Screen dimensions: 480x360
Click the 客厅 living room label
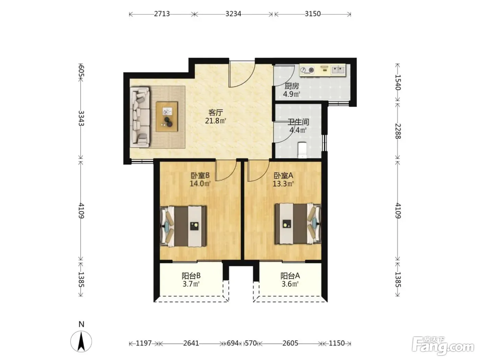point(216,113)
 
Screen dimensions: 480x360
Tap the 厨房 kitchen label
point(292,86)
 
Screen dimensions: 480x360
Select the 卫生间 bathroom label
point(298,122)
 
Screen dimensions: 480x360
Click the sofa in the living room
point(140,117)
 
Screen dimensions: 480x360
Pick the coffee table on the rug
point(167,117)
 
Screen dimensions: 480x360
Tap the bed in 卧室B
point(183,226)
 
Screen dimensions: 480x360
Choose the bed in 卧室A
point(298,224)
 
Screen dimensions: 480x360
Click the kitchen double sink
point(338,70)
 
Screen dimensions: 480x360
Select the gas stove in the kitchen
point(307,70)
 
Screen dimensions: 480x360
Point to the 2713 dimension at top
point(162,14)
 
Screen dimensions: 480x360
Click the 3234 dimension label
point(233,14)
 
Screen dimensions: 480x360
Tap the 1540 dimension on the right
point(398,82)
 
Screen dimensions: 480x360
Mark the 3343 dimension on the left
point(81,118)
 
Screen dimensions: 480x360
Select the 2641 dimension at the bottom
point(191,343)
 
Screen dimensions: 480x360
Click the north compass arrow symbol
point(81,341)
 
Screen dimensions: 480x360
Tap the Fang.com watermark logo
point(443,346)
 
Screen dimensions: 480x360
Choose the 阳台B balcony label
point(191,276)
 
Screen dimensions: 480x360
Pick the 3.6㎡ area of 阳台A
point(290,284)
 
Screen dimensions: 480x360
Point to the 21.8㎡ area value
point(216,121)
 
